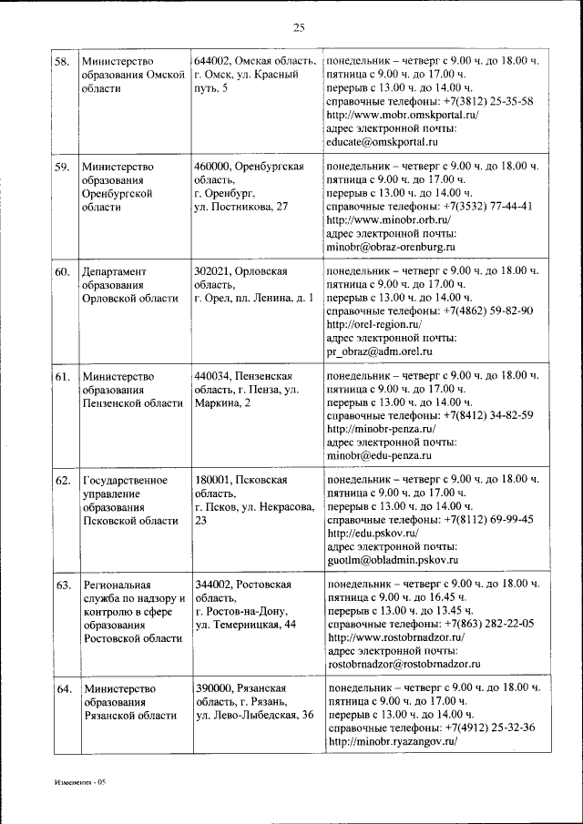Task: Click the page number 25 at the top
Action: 298,25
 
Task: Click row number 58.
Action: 63,63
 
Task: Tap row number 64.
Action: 63,689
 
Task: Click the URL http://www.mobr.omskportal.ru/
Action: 402,116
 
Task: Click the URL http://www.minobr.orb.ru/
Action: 388,219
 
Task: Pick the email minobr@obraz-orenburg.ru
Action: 390,246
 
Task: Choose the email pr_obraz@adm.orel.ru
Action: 379,351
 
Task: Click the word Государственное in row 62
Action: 124,480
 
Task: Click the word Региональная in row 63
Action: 116,585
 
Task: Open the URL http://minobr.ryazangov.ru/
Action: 392,742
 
